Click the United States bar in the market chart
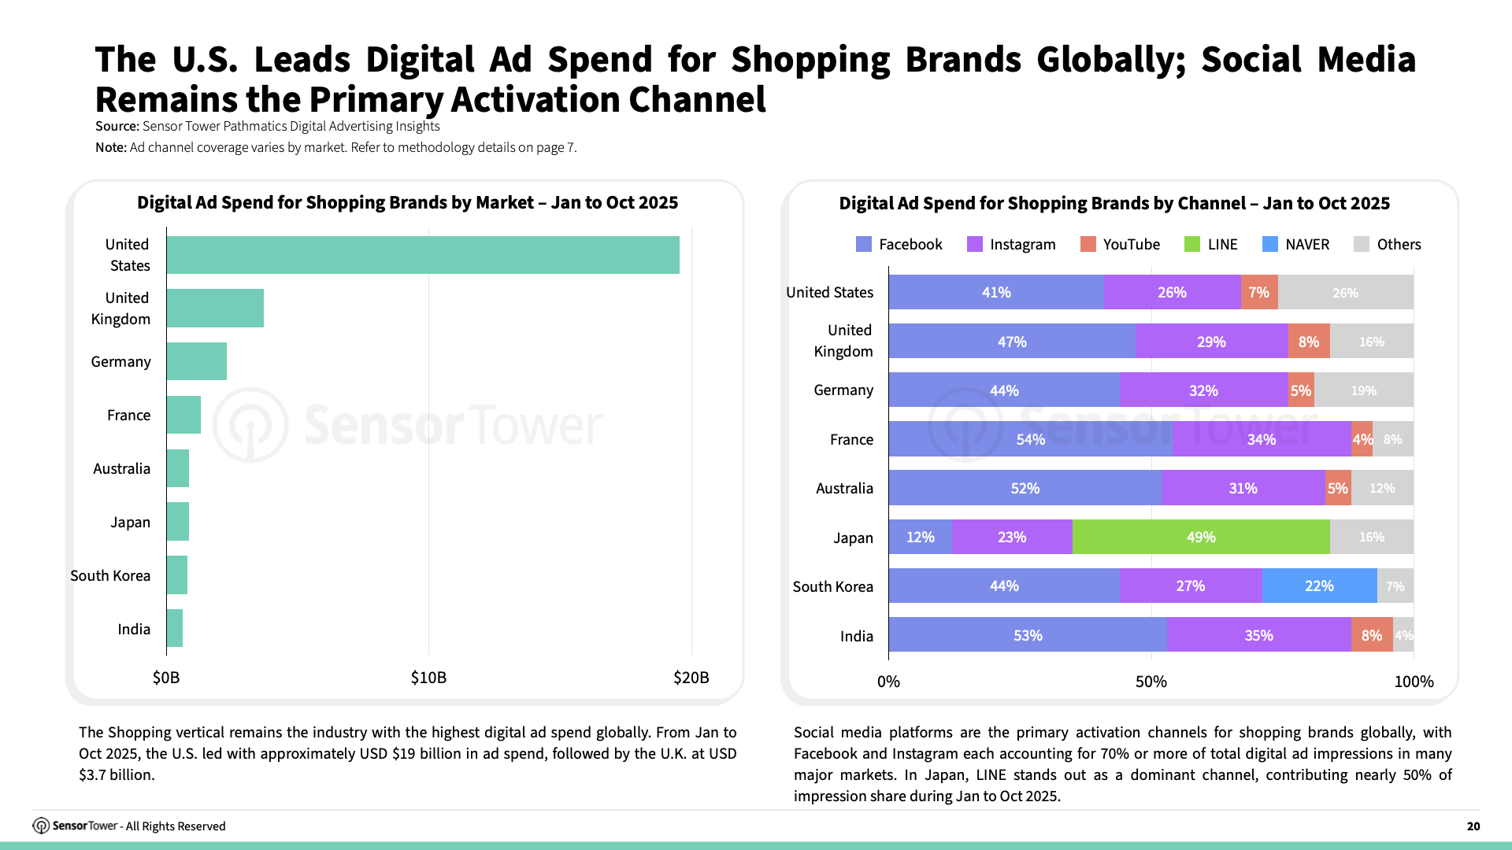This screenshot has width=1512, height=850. tap(423, 255)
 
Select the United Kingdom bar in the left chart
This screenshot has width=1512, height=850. tap(215, 308)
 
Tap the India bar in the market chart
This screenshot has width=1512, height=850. tap(174, 628)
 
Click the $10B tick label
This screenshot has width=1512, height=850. tap(428, 678)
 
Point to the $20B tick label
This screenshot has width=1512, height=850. tap(691, 678)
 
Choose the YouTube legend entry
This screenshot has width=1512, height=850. tap(1120, 245)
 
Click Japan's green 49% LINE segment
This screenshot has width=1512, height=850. tap(1201, 537)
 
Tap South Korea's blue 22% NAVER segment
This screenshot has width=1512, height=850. tap(1319, 586)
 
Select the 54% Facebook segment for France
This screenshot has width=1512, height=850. tap(1030, 439)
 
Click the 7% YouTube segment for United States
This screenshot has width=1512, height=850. tap(1258, 292)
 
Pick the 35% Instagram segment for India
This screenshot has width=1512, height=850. tap(1258, 635)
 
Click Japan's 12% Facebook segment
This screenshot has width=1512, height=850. tap(920, 537)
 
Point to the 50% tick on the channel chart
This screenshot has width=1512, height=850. tap(1151, 682)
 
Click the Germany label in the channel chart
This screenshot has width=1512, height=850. tap(843, 390)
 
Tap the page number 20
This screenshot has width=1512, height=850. tap(1473, 826)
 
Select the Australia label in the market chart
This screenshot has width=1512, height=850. tap(121, 469)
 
